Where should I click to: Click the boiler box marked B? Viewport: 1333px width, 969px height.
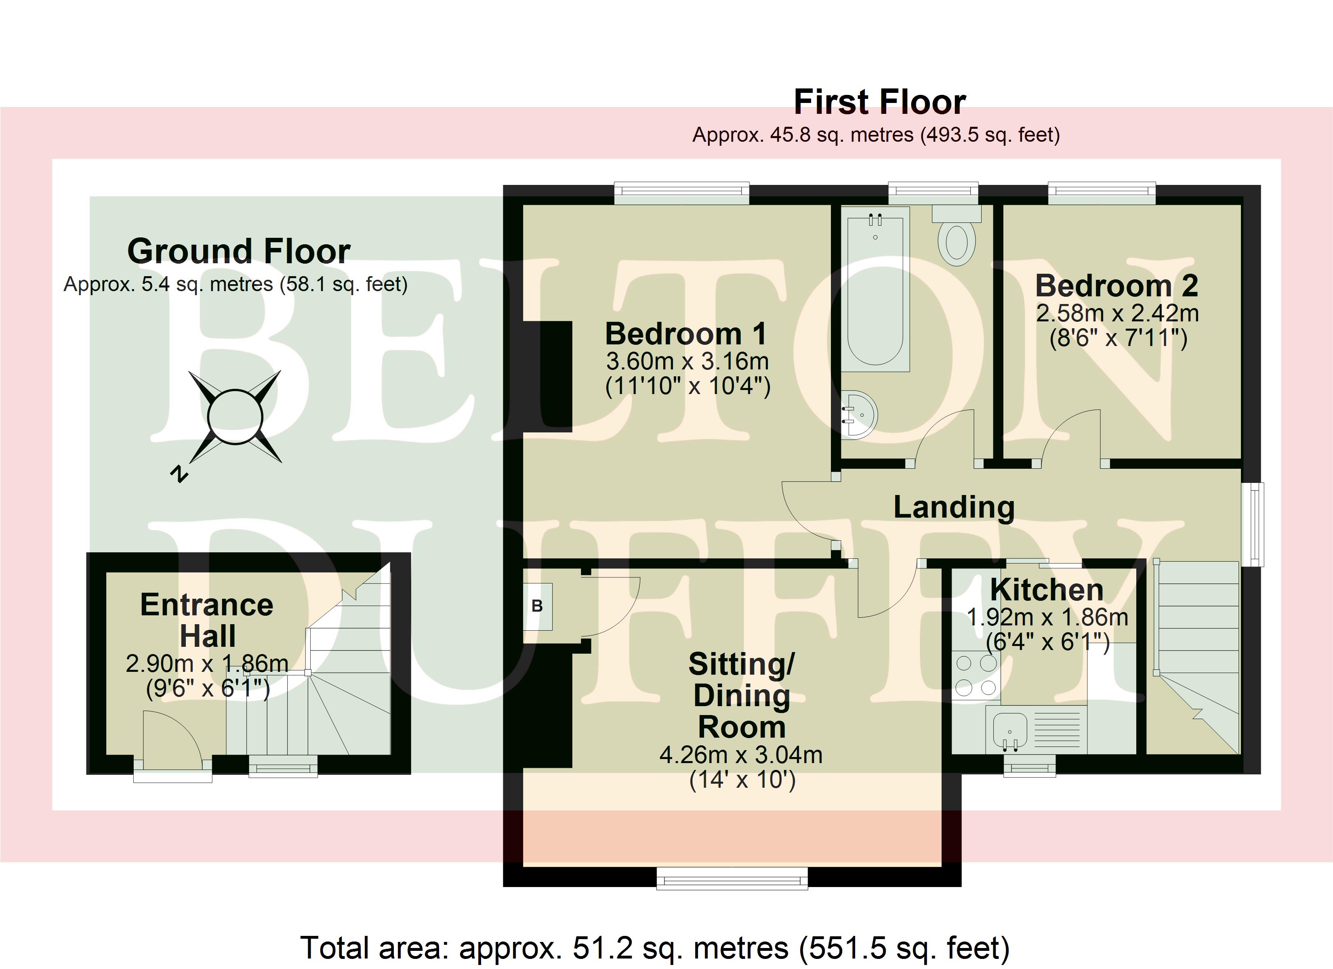click(537, 606)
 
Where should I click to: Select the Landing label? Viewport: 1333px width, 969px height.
click(954, 508)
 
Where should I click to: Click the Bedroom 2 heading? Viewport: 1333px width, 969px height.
click(1116, 286)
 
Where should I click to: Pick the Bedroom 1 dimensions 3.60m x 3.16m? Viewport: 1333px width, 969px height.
click(687, 361)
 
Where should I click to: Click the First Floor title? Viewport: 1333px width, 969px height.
click(879, 102)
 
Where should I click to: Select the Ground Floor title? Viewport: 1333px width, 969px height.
click(239, 252)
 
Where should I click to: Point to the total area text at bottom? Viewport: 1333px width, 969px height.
click(655, 947)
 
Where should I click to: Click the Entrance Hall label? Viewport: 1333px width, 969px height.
click(207, 620)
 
